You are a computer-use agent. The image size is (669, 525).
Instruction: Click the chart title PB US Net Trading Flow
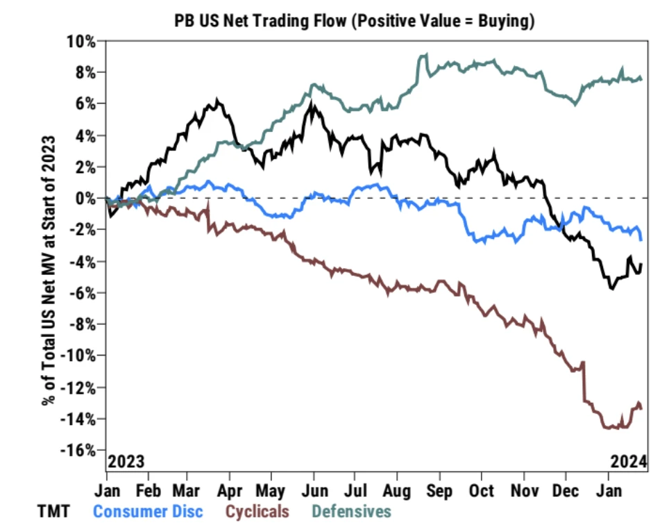354,22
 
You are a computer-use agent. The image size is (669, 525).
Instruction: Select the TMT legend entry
53,512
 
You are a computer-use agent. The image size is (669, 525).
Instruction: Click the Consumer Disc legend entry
148,512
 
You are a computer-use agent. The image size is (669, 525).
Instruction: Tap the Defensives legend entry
351,512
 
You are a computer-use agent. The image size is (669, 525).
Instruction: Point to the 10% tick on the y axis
82,40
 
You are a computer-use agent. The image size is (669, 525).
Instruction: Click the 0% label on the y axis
85,198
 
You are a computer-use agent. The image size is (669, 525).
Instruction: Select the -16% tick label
79,450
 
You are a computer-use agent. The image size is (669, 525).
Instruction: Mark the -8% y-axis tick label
82,324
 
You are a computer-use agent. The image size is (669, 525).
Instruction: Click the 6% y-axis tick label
85,103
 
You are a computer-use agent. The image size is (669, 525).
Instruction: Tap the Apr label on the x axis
229,490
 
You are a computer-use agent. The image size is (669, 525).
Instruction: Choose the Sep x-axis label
439,490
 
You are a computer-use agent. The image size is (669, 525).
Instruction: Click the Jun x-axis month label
314,490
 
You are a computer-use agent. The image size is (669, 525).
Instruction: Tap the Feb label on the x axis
148,490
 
